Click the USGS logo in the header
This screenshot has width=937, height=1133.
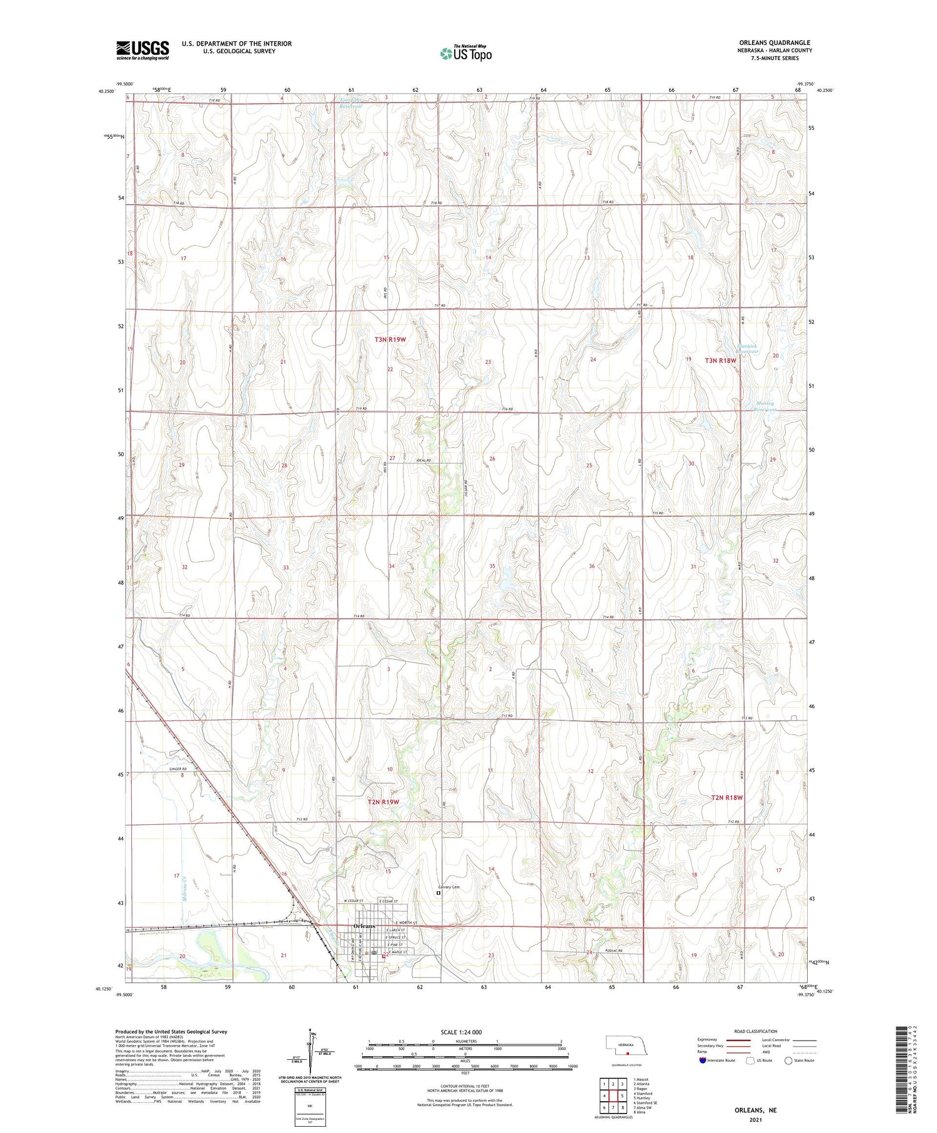pyautogui.click(x=142, y=50)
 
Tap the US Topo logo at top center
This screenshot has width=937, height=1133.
pyautogui.click(x=465, y=54)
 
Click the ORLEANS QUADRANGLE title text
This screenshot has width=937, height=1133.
pyautogui.click(x=774, y=42)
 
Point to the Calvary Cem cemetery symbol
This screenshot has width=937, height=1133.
pyautogui.click(x=438, y=894)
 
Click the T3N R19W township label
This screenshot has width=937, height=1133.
pyautogui.click(x=390, y=339)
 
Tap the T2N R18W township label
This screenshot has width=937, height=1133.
pyautogui.click(x=727, y=797)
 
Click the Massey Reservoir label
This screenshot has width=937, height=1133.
pyautogui.click(x=765, y=407)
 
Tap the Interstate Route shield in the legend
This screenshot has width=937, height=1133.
pyautogui.click(x=703, y=1060)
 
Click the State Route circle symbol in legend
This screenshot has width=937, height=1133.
pyautogui.click(x=789, y=1060)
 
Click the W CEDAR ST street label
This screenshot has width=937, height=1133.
pyautogui.click(x=354, y=901)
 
